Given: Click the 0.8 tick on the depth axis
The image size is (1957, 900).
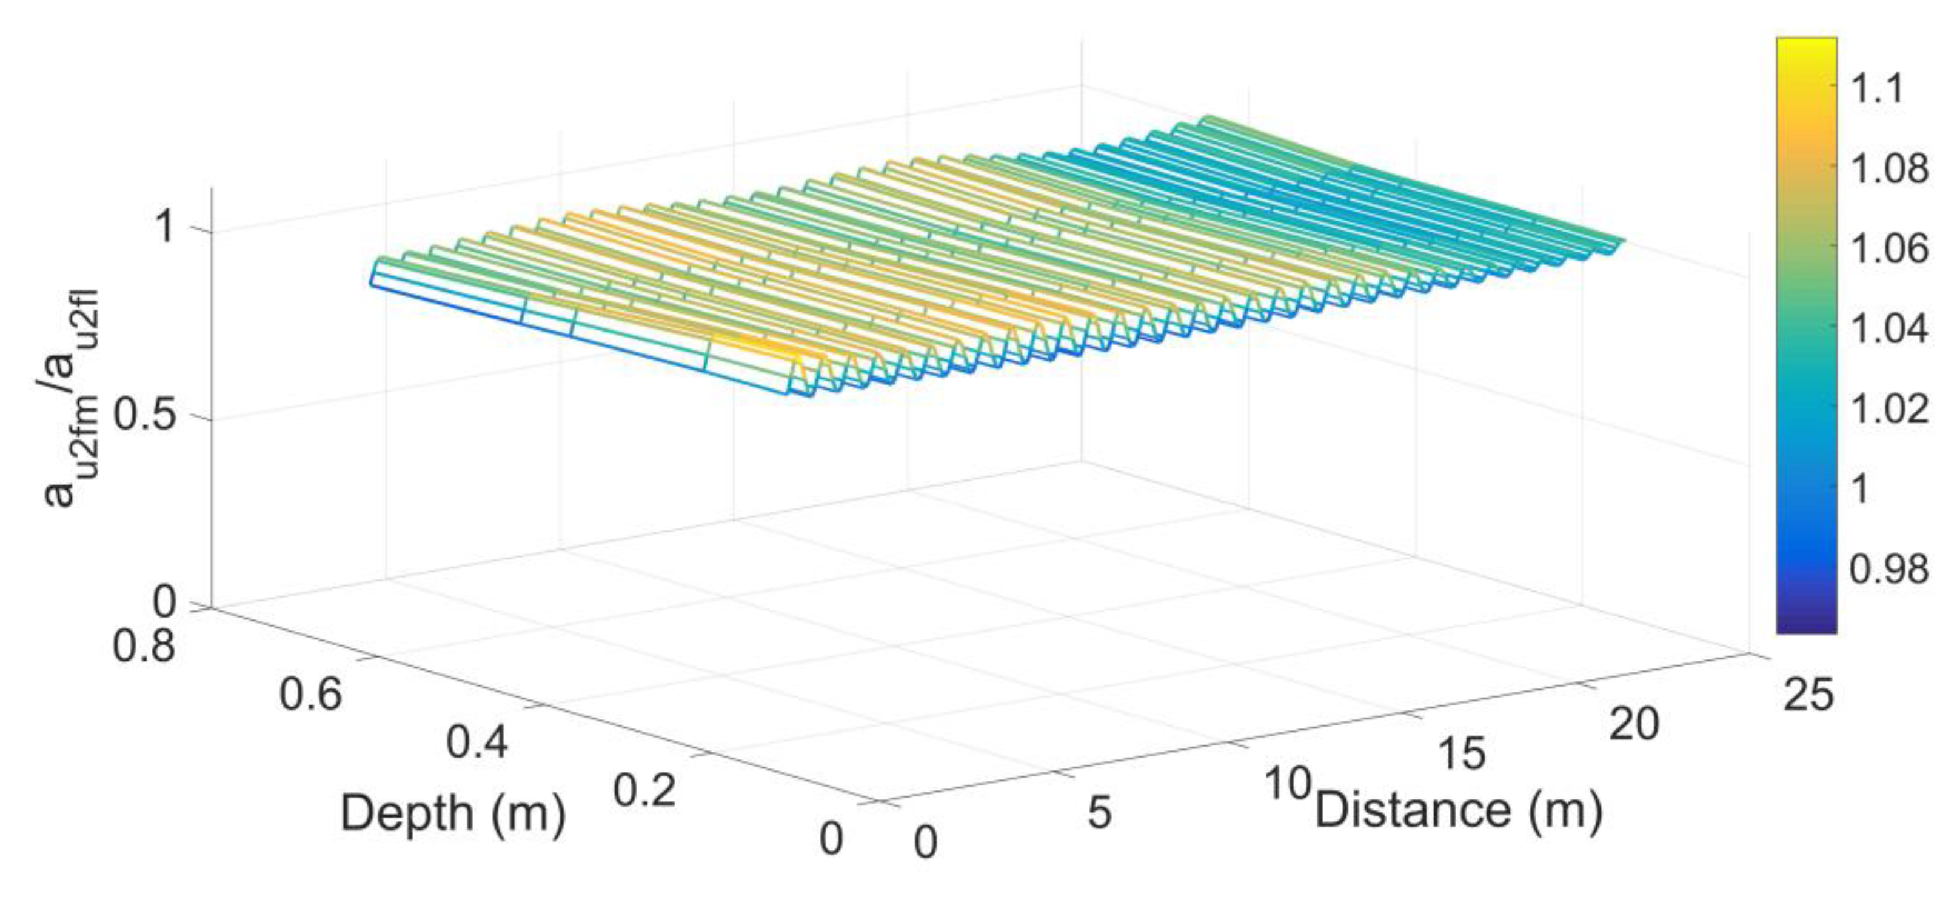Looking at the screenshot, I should [x=144, y=647].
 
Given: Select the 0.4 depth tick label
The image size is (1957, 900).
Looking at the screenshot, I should [x=477, y=741].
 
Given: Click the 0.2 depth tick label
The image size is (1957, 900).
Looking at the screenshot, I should [x=643, y=790].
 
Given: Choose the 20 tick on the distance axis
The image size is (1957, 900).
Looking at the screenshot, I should [x=1634, y=723].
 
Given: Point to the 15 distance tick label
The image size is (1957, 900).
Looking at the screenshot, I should [x=1462, y=753].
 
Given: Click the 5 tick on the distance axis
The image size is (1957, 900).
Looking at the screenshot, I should [x=1099, y=813].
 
